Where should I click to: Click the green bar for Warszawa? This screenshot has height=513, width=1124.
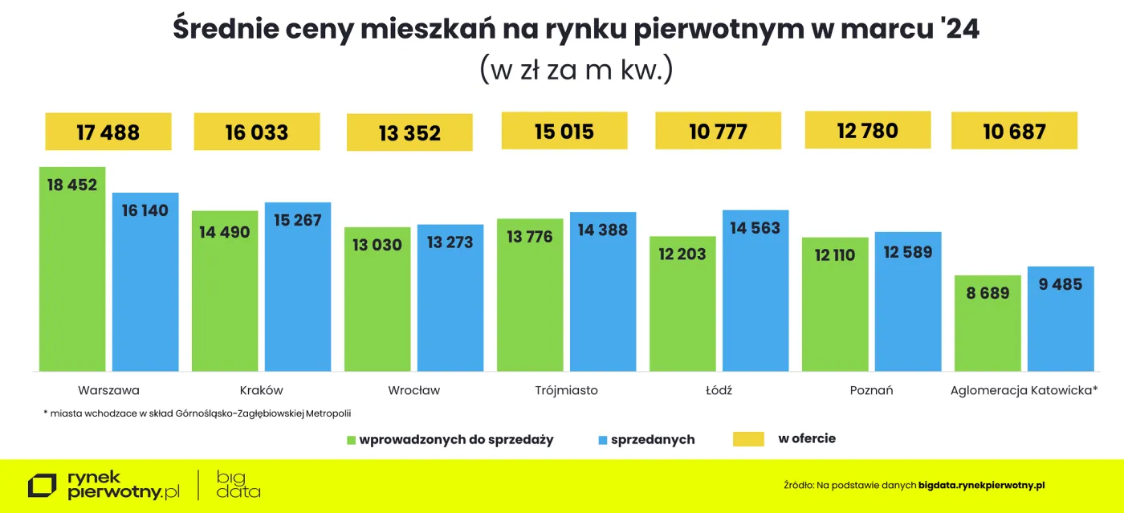point(72,269)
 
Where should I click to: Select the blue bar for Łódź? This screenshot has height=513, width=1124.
point(755,291)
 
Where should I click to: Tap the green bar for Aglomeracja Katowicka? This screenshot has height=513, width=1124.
point(988,323)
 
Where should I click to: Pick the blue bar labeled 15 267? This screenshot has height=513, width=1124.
point(298,287)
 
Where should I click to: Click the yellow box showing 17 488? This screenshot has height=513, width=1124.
point(108,132)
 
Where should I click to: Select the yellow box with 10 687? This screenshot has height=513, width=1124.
point(1014,131)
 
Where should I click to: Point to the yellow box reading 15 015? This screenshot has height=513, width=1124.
point(564,131)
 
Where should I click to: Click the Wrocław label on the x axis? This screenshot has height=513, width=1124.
point(414,391)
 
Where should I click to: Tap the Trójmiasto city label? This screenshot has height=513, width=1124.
point(566,391)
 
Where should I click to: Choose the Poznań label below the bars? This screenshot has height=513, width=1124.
point(871,391)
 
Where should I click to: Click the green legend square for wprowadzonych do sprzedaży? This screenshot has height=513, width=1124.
point(351,440)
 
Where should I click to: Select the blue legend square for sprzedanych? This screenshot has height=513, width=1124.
point(603,440)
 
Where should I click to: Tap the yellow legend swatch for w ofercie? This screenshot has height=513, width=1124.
point(748,439)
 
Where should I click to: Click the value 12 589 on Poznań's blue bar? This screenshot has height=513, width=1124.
point(908,252)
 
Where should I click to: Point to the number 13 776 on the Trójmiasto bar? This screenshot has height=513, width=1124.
point(530,237)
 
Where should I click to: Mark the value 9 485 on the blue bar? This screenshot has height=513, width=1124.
point(1061,284)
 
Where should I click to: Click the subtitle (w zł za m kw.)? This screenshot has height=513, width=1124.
point(576,70)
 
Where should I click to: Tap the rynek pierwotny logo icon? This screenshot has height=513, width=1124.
point(42,486)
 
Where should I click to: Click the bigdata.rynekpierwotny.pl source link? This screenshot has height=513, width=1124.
point(982,486)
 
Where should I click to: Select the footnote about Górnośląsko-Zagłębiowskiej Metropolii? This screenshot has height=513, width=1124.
point(198,413)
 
